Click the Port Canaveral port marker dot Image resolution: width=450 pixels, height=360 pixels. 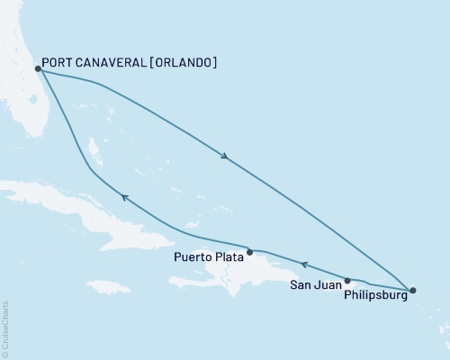click(x=37, y=68)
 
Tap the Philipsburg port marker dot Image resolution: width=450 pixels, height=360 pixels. click(x=413, y=291)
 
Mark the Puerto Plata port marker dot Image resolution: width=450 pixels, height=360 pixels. click(x=251, y=252)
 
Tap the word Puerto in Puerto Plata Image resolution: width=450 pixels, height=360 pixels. click(x=191, y=256)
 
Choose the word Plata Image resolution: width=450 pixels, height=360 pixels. click(x=229, y=256)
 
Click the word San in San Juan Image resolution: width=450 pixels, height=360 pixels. click(x=301, y=286)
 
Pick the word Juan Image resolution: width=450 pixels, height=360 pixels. click(x=328, y=286)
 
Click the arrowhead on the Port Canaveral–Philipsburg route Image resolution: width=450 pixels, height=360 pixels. click(x=225, y=157)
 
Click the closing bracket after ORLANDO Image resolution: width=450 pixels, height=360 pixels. click(x=214, y=63)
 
